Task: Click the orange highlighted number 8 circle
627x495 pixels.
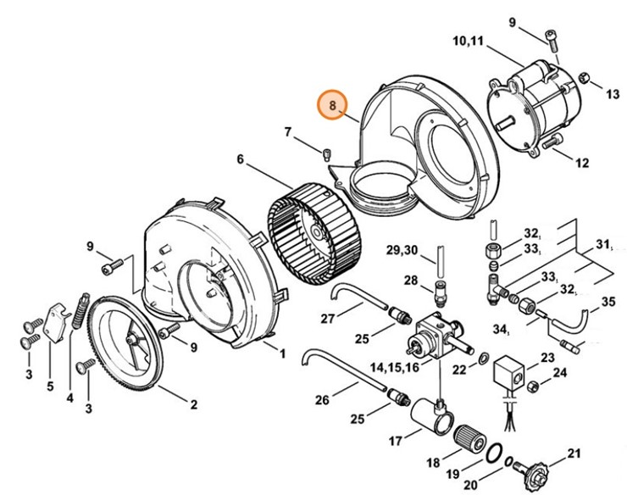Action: [333, 106]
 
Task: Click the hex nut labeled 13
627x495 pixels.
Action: [584, 79]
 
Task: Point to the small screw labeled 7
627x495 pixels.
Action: [326, 154]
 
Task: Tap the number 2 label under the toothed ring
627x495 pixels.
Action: [194, 405]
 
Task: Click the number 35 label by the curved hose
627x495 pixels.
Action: [608, 302]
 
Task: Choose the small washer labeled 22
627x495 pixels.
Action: [483, 359]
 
